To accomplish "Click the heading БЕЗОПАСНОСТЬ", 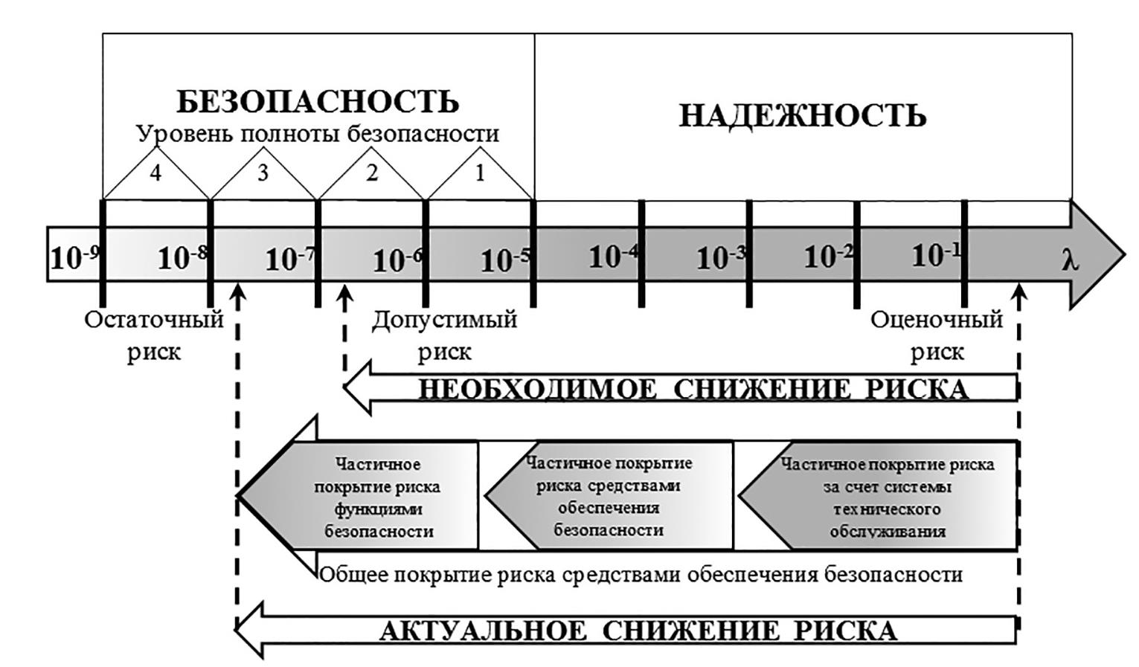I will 318,102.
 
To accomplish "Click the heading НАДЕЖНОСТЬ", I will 802,117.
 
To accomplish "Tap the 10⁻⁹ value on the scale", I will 74,258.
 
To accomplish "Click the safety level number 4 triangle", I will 155,173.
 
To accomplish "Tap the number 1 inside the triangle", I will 480,173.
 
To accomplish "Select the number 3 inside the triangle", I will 263,173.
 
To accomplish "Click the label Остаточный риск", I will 154,335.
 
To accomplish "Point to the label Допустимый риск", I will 444,335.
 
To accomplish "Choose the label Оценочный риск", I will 937,335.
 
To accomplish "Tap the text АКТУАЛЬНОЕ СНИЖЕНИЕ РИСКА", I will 638,631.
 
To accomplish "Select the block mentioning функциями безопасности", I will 378,497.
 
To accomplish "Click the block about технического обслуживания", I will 887,497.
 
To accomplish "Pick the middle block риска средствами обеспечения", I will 609,497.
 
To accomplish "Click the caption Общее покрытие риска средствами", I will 641,575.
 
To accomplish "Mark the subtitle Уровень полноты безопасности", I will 318,135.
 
